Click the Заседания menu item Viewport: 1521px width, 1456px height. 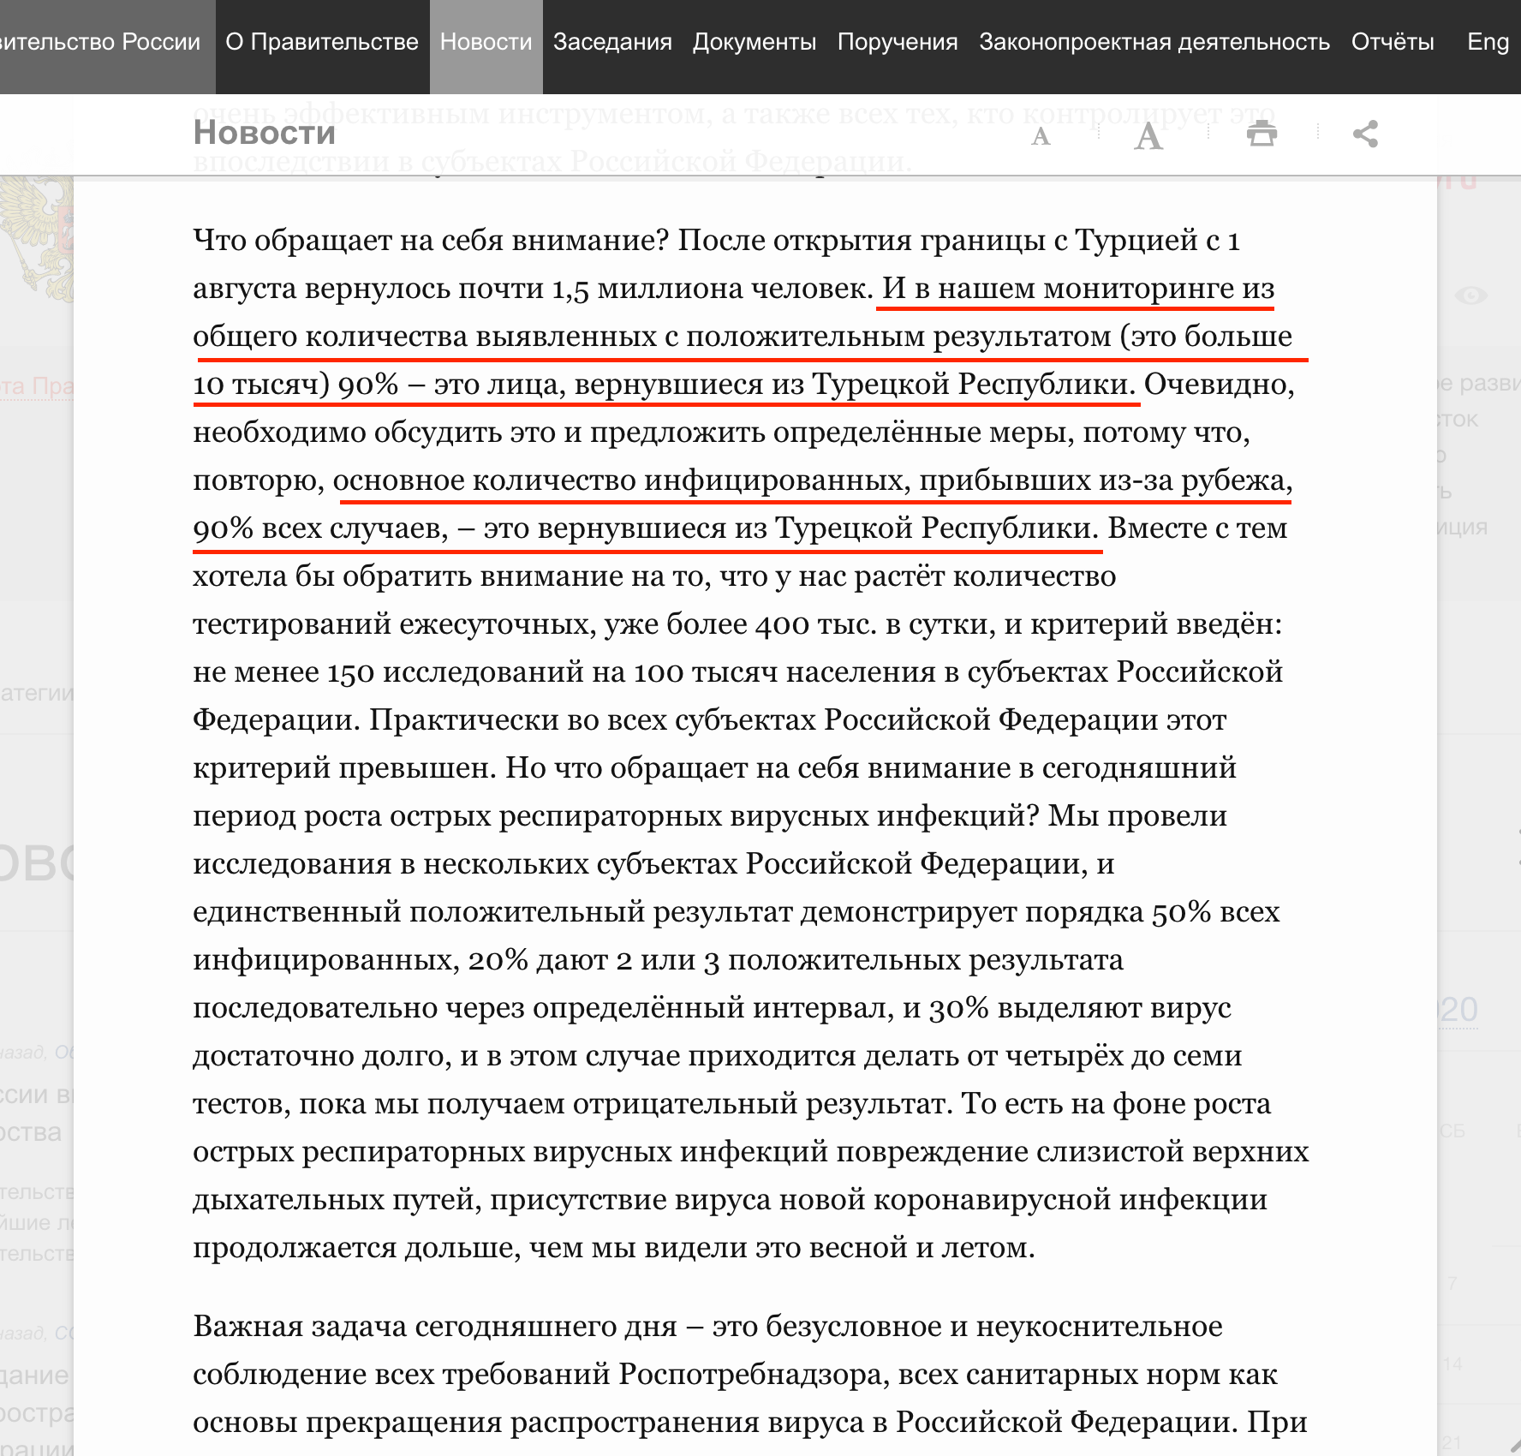click(x=612, y=42)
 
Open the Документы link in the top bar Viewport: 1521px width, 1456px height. click(x=754, y=42)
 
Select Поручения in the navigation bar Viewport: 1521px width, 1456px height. click(x=897, y=42)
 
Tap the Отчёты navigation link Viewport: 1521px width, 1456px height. click(x=1392, y=42)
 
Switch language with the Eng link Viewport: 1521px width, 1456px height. click(x=1488, y=42)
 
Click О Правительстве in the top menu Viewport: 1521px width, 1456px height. click(x=322, y=42)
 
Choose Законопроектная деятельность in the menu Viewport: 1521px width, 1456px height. click(x=1154, y=42)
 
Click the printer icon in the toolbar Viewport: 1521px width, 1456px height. click(x=1262, y=134)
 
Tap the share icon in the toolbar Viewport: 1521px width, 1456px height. click(x=1365, y=134)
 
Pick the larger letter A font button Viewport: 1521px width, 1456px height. click(x=1148, y=136)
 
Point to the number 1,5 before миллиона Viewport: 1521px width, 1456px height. click(x=570, y=289)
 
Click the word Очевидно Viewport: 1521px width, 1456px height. click(x=1219, y=385)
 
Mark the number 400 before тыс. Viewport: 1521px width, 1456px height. click(x=782, y=624)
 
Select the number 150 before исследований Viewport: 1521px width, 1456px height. click(x=350, y=672)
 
